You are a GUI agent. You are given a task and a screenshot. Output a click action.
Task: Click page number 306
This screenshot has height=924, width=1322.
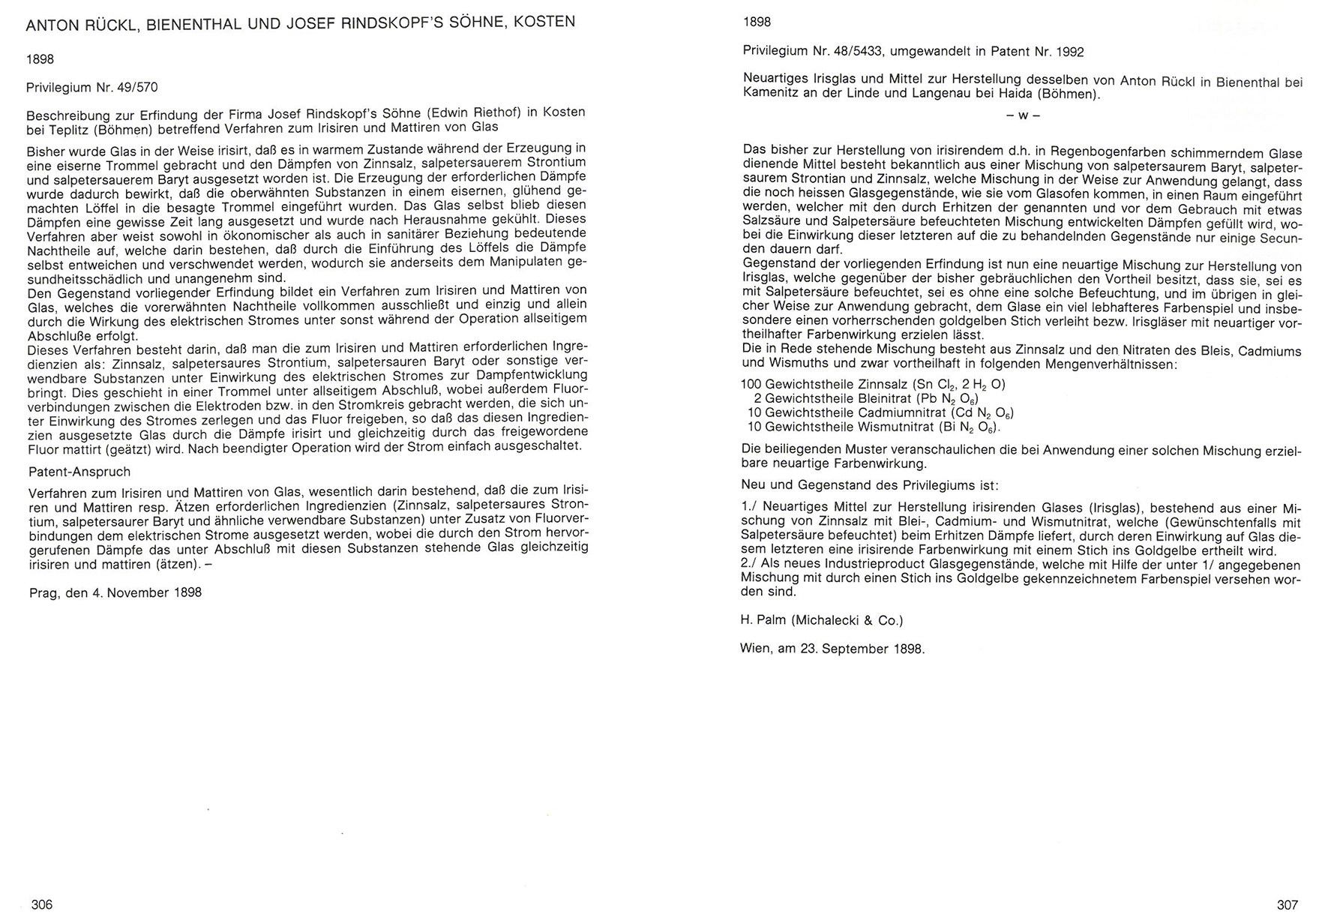click(42, 904)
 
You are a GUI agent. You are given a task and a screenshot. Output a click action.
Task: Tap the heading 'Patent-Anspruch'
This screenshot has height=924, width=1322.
click(79, 472)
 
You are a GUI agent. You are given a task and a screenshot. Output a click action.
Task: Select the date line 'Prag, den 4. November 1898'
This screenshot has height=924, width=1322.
click(115, 592)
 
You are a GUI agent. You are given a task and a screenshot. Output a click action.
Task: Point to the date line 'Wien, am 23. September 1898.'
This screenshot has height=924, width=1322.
click(832, 649)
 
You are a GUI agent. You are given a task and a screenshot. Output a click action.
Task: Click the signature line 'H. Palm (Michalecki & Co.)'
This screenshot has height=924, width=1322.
click(822, 620)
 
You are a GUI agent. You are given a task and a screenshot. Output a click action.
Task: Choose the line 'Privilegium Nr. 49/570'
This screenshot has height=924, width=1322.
click(92, 87)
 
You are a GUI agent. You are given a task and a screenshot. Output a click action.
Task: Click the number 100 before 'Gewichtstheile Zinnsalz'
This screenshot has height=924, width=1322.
click(751, 385)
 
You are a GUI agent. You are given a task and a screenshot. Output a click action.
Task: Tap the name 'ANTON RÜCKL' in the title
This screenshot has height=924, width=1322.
click(81, 23)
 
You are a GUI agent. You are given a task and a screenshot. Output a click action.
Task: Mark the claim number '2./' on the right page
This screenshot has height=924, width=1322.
click(750, 565)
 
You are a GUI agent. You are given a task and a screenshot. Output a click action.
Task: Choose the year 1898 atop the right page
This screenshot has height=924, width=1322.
click(757, 22)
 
